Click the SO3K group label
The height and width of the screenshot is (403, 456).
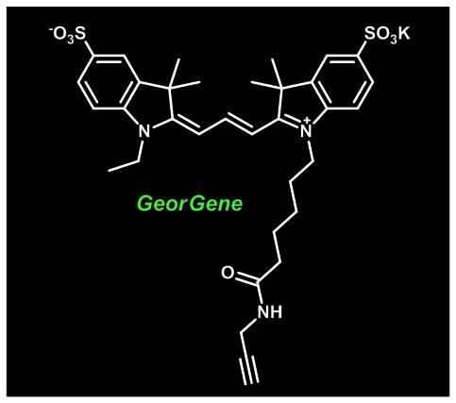pos(387,34)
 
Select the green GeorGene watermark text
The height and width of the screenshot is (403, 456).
pos(191,204)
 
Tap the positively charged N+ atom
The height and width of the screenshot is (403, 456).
pos(306,130)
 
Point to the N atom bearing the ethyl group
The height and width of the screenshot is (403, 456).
pos(144,131)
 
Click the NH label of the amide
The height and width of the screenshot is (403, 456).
pos(270,311)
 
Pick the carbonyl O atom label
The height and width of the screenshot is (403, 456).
pos(228,273)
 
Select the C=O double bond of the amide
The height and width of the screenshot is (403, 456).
pos(246,278)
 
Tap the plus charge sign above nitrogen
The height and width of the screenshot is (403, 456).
pos(308,121)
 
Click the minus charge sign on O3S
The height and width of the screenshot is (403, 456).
pos(51,29)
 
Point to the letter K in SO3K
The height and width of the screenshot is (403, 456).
pos(404,33)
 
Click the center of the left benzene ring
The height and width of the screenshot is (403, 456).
pos(109,82)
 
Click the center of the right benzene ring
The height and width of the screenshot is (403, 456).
pos(343,82)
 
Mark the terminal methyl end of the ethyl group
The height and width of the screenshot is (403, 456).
pos(109,171)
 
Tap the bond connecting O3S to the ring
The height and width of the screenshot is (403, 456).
pos(89,48)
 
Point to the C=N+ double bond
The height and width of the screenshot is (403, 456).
pos(290,124)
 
